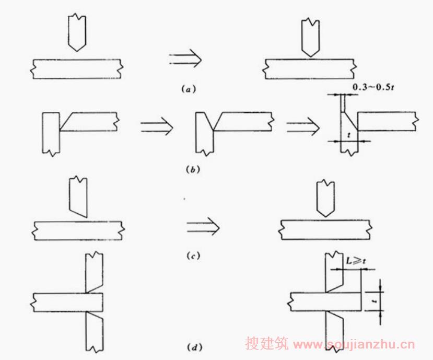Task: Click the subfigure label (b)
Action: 190,169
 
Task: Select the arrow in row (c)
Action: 202,226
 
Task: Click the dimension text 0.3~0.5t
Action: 373,87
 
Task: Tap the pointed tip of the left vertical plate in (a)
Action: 76,50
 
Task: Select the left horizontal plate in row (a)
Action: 76,68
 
